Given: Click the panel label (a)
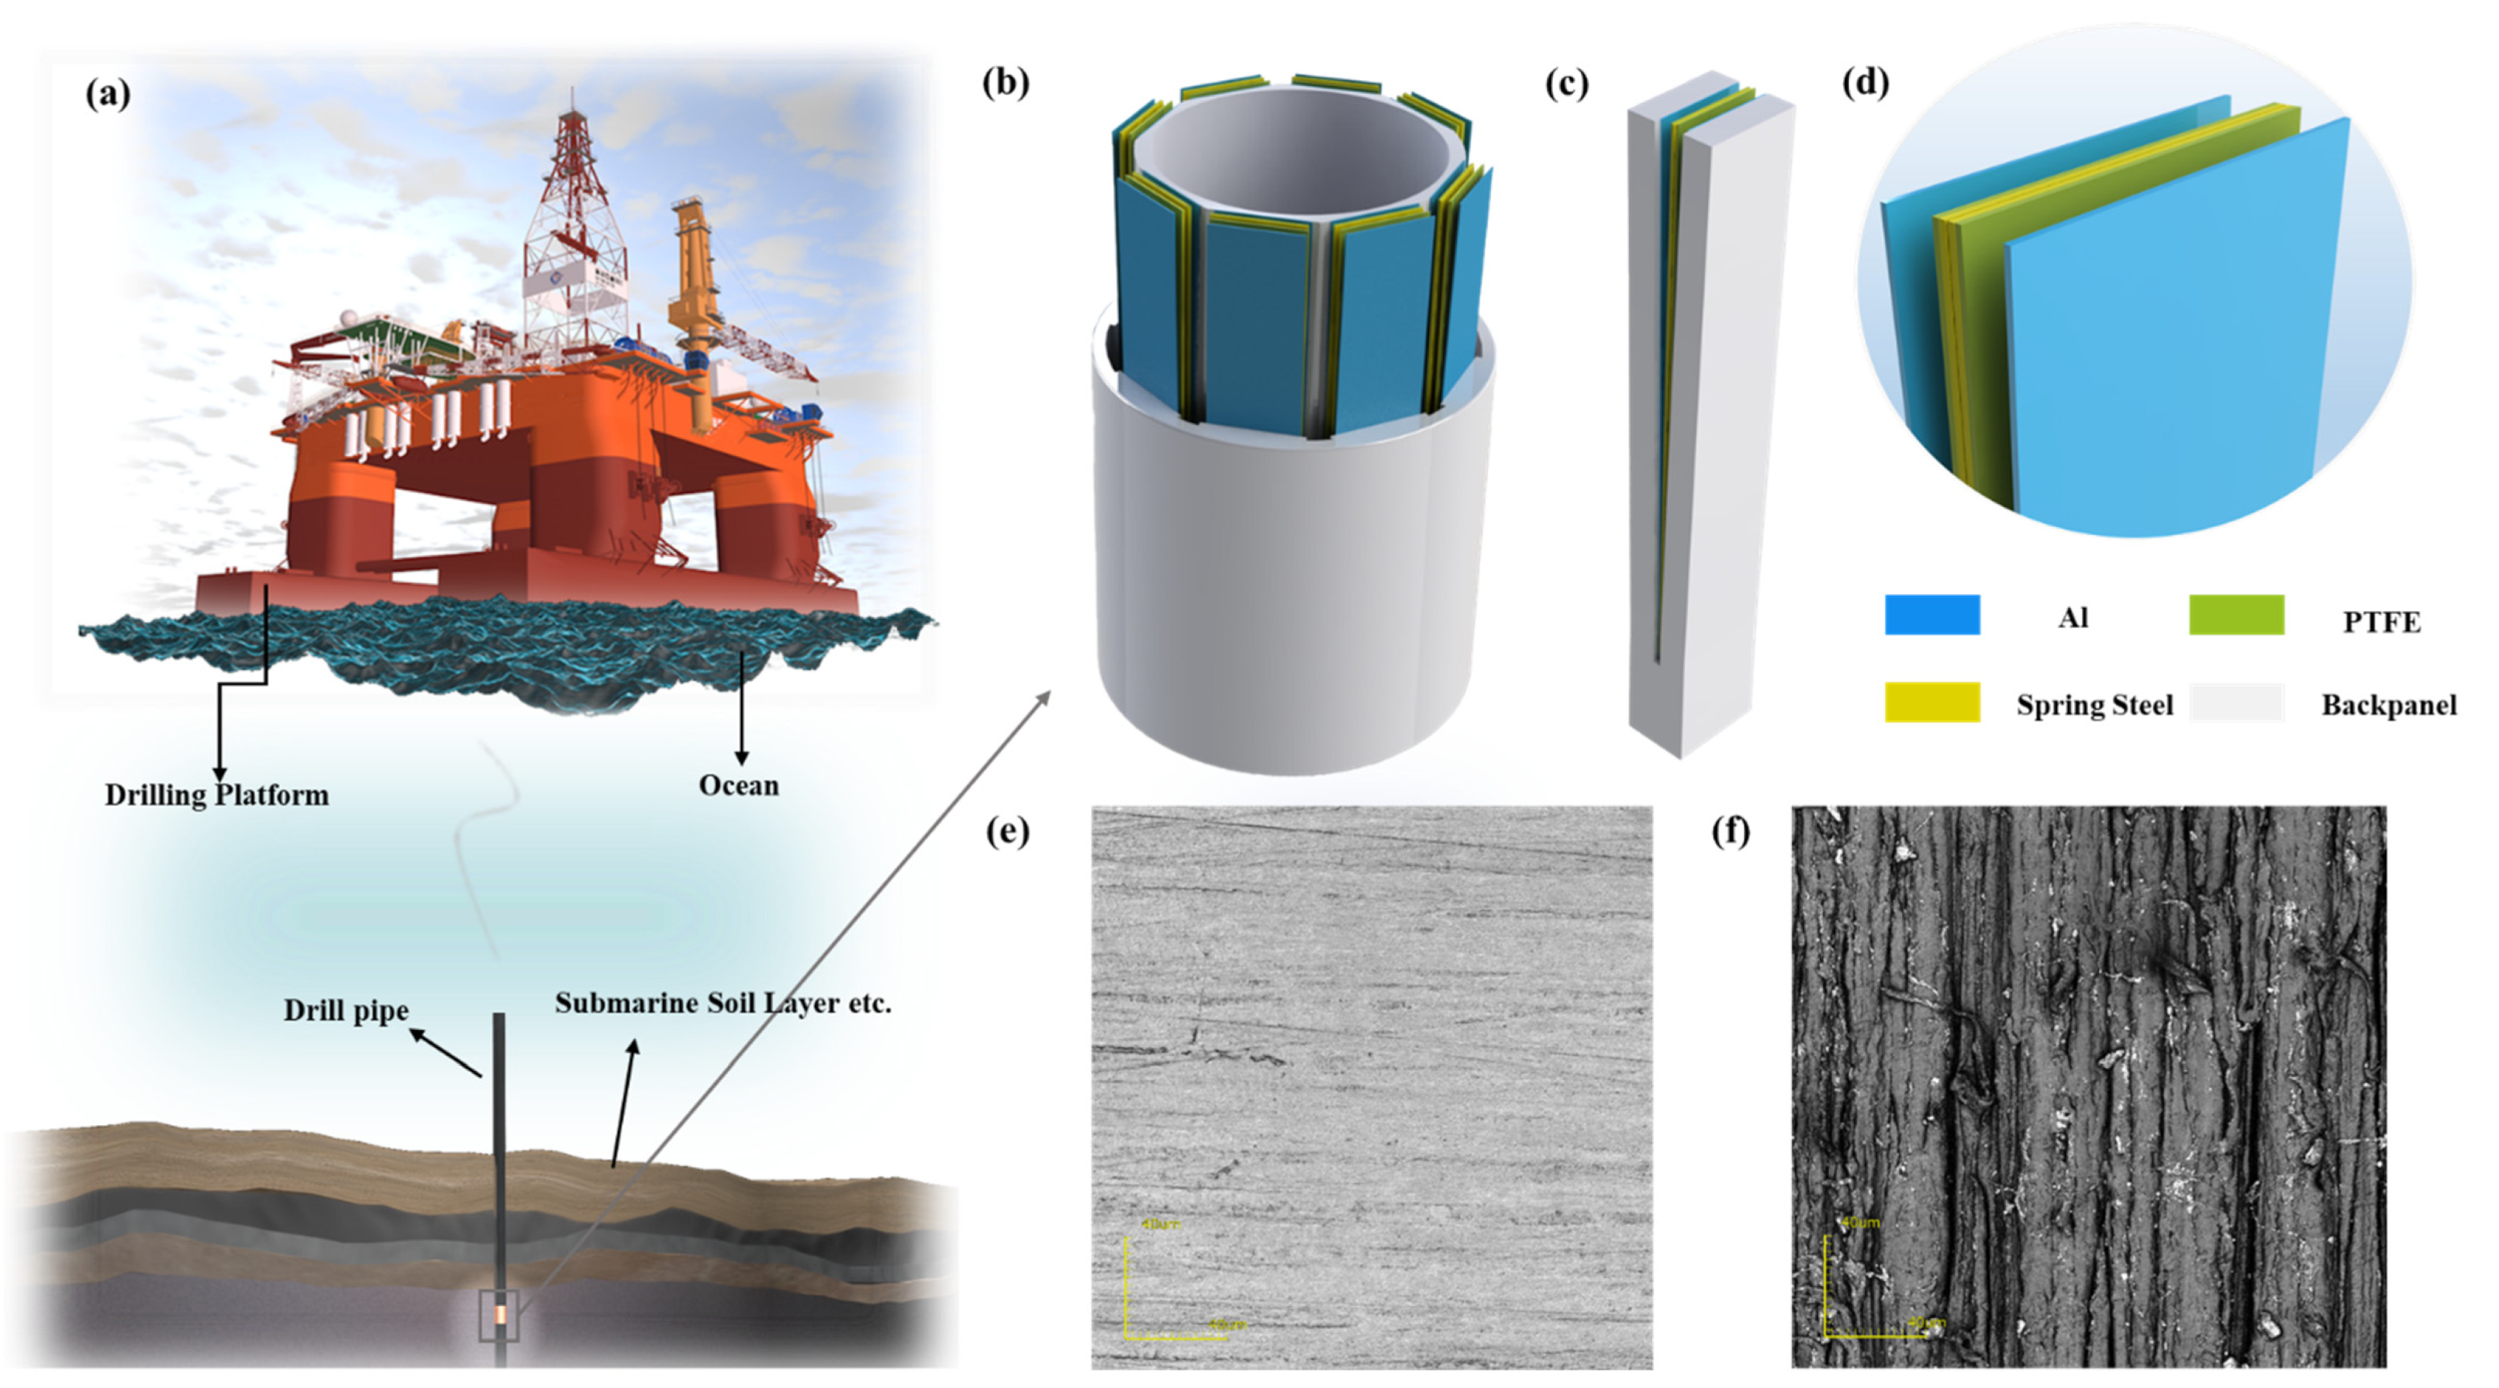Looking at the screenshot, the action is (108, 94).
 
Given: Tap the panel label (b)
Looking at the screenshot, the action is (1005, 83).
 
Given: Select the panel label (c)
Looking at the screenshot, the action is (1566, 84).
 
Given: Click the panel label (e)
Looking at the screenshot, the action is (1007, 832).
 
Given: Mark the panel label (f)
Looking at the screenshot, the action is (1731, 832).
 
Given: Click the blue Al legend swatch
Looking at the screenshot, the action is (1932, 615).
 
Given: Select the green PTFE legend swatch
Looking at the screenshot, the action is (2236, 615).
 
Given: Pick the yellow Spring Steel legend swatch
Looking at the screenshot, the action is (1932, 702).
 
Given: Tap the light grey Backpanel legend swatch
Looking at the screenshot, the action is (2236, 702).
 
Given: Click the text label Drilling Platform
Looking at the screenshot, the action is (216, 795).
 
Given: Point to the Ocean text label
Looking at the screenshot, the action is (739, 786).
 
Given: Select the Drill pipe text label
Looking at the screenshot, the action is (345, 1011).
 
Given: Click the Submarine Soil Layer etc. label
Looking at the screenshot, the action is (723, 1003).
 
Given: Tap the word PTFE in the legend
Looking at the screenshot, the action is (2382, 622).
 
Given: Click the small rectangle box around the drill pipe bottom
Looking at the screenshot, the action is (500, 1316).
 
